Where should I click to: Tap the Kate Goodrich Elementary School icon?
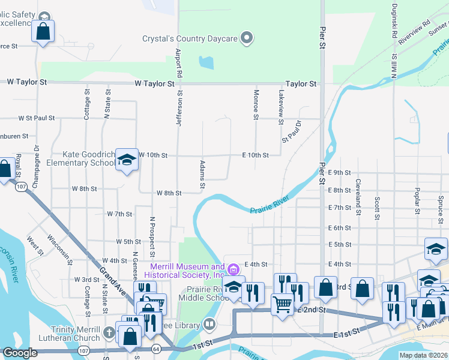coord(126,160)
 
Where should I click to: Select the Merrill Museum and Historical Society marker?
coord(234,268)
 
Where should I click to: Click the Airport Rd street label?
coord(178,61)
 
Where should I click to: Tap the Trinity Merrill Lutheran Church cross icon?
coord(109,332)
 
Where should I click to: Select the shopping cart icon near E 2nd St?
coord(282,304)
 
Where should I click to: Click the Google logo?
coord(20,353)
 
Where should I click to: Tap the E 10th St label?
coord(255,155)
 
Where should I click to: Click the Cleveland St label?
coord(358,196)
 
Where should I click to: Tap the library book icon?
coord(209,324)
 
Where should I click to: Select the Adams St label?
coord(202,173)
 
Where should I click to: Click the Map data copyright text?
coord(423,355)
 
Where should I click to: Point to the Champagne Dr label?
coord(36,157)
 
